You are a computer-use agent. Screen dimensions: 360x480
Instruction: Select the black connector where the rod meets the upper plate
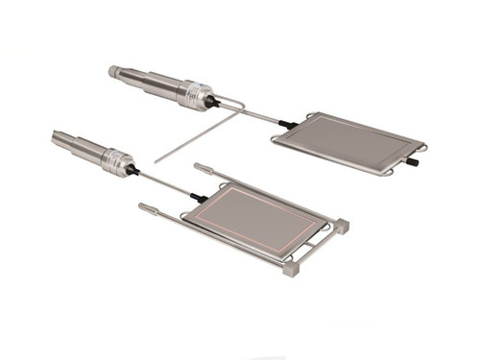pyautogui.click(x=284, y=124)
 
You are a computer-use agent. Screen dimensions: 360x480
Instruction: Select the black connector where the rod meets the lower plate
pyautogui.click(x=198, y=196)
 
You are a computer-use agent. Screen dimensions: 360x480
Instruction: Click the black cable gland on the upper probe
pyautogui.click(x=213, y=99)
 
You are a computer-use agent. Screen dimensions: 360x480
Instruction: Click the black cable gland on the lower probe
pyautogui.click(x=134, y=169)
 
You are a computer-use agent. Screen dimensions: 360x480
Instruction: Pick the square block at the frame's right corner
pyautogui.click(x=343, y=226)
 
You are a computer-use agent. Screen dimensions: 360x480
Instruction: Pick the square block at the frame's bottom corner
pyautogui.click(x=290, y=271)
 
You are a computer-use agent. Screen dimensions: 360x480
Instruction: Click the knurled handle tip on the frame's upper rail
pyautogui.click(x=202, y=167)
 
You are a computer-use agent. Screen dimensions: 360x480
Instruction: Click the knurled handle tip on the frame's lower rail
pyautogui.click(x=147, y=206)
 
